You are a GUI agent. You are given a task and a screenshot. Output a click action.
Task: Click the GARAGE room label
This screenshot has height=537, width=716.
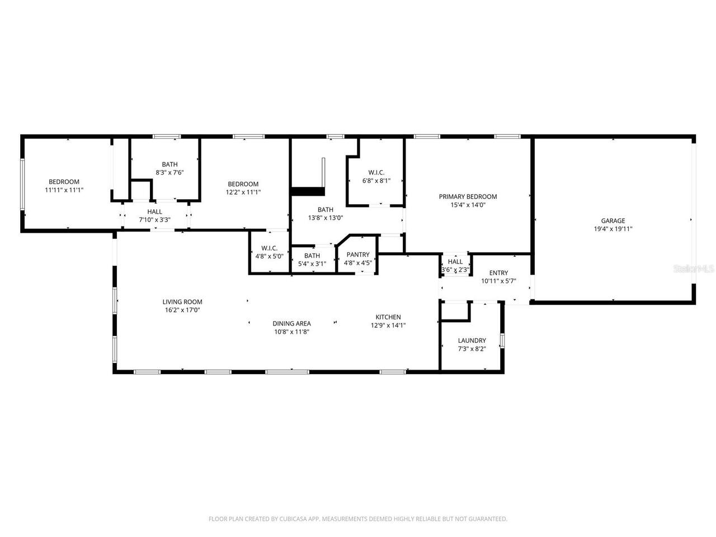point(613,221)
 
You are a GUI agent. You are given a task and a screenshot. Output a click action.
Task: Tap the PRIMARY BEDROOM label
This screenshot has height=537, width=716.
point(468,197)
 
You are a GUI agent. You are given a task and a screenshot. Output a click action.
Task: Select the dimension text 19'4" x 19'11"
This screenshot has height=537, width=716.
point(613,229)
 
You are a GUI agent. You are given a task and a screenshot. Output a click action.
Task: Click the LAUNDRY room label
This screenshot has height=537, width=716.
point(472,341)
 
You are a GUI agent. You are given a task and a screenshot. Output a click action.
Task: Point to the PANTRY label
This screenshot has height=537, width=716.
point(357,255)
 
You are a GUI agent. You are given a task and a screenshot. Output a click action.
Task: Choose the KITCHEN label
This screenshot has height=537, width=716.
point(388,317)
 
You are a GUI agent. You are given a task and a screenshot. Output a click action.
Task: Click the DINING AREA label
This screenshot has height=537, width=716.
point(291,323)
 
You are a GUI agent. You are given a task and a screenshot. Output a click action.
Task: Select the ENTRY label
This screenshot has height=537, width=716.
point(498,273)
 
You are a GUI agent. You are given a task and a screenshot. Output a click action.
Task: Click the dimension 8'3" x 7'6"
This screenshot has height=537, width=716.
point(169,172)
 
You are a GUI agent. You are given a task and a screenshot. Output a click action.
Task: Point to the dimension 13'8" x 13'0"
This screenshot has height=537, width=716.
point(326,218)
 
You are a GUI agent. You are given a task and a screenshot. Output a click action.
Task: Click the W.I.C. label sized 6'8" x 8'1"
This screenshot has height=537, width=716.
point(376,173)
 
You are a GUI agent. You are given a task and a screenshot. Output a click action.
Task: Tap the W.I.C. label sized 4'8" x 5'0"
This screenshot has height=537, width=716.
point(269,248)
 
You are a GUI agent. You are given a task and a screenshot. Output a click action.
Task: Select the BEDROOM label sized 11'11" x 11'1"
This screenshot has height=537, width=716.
point(64,182)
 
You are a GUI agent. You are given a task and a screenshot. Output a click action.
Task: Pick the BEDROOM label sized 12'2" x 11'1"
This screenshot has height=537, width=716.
point(243,185)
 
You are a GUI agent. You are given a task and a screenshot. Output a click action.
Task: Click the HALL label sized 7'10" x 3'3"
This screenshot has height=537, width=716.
point(154,212)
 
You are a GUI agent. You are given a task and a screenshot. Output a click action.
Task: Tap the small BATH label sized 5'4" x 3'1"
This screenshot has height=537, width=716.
point(312,256)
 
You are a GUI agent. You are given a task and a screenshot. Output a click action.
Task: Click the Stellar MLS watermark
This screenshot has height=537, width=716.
point(694,268)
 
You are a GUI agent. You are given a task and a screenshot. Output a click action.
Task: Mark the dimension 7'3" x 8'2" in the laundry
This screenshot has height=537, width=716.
point(472,349)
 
